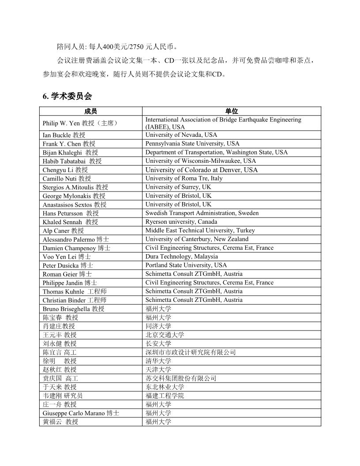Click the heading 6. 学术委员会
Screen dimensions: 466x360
[67, 96]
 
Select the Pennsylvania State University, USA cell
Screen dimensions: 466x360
[192, 143]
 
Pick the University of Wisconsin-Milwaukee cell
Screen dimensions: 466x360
[201, 161]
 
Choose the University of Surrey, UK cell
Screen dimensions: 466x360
[178, 187]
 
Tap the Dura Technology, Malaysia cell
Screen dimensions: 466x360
[182, 256]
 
